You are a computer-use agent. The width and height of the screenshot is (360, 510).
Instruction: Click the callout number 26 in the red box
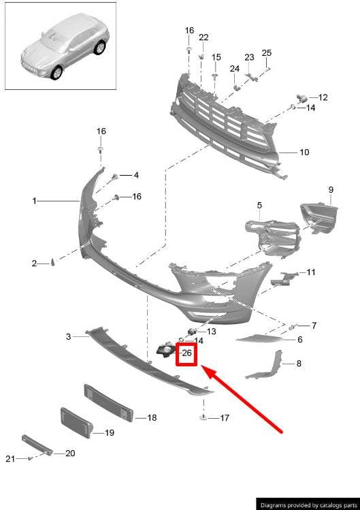186,353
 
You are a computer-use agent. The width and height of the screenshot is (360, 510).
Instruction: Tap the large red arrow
242,400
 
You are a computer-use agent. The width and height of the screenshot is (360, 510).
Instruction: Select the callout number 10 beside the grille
304,152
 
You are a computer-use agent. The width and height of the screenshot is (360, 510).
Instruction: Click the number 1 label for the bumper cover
35,202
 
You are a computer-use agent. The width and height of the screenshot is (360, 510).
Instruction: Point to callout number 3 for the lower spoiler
68,336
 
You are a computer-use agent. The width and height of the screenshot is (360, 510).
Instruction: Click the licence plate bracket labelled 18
109,403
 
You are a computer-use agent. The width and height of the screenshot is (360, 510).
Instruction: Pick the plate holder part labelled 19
77,422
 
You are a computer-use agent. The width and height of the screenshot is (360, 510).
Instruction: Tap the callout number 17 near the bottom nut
225,418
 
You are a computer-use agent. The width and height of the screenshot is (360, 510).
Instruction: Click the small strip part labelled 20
37,445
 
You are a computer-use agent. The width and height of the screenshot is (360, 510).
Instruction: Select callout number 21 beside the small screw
10,459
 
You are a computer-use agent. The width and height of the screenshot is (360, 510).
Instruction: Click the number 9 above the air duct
331,189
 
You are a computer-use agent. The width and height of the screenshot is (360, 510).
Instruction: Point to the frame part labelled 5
272,238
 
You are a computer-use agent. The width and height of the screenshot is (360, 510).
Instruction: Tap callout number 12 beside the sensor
323,97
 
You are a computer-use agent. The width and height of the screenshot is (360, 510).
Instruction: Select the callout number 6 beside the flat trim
300,340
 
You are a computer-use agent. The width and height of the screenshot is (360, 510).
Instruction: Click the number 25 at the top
267,52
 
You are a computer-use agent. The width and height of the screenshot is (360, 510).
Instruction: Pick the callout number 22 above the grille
203,37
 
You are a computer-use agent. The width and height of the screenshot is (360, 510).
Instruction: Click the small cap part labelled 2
52,262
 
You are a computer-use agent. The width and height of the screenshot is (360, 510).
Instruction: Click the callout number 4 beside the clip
136,175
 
